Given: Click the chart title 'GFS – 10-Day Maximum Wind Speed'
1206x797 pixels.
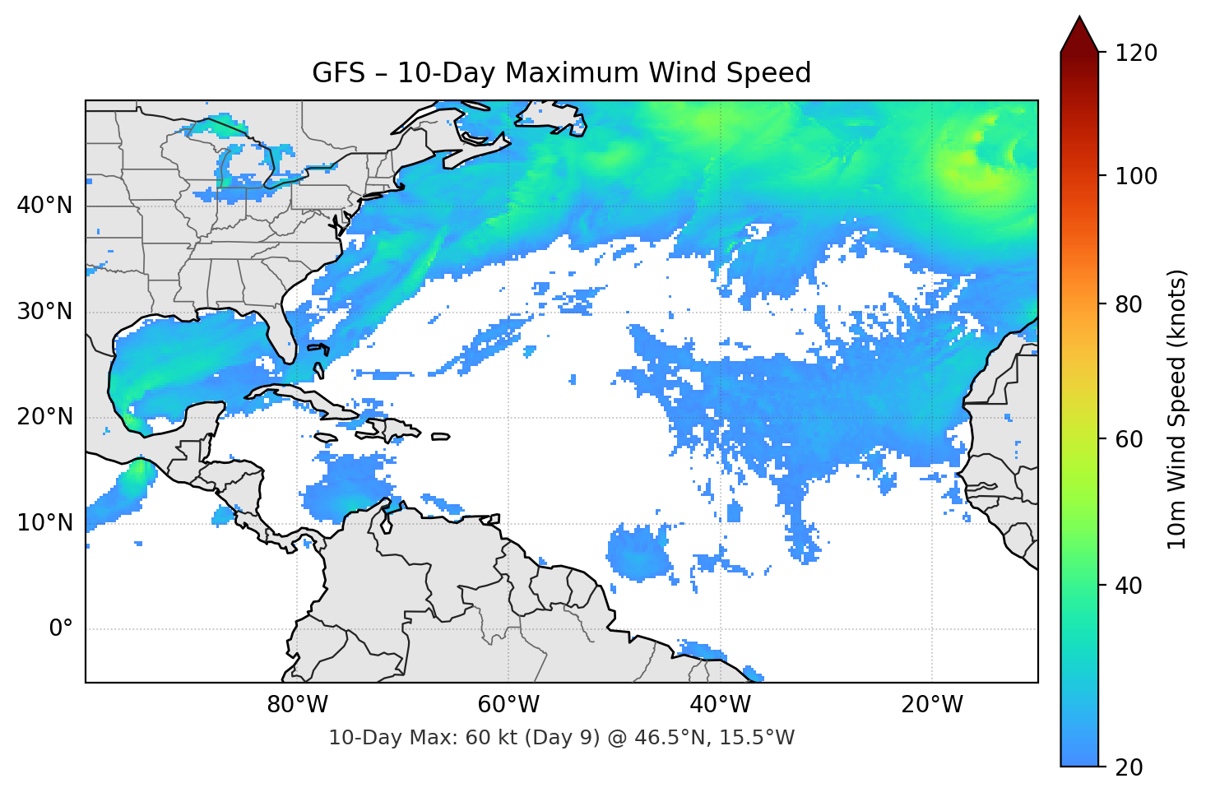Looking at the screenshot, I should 561,73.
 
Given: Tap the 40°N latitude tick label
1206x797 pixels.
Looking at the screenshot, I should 44,206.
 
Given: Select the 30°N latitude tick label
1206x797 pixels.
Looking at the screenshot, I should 44,312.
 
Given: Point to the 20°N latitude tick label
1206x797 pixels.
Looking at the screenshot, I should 44,417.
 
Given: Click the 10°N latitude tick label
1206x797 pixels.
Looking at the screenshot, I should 44,523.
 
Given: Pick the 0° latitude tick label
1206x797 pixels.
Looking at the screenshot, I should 60,629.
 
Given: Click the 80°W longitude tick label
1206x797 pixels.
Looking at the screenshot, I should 297,705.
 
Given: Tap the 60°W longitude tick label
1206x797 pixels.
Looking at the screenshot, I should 508,705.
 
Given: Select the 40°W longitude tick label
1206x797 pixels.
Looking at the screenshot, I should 720,705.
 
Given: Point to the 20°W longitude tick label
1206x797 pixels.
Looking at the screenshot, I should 931,705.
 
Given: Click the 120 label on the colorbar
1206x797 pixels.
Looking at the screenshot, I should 1136,53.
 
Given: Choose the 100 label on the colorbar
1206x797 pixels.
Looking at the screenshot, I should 1136,176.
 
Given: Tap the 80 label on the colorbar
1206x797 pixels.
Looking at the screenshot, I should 1129,304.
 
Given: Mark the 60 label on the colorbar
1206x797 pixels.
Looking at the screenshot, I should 1129,439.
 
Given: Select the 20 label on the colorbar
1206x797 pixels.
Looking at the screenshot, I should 1129,767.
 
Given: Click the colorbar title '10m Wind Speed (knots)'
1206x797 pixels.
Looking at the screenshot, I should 1177,409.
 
